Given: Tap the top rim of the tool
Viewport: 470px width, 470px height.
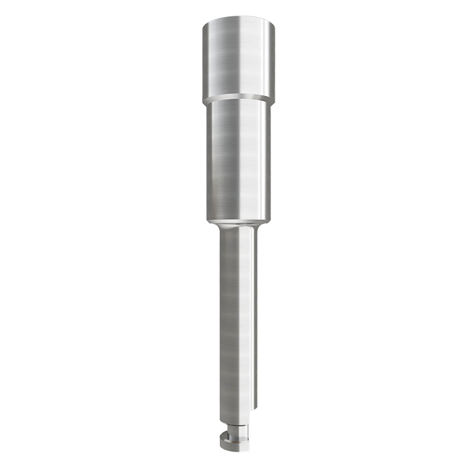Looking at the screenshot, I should coord(239,22).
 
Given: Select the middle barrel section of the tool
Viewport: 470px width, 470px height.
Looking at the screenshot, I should coord(238,157).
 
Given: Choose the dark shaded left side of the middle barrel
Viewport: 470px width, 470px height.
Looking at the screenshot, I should coord(209,157).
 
